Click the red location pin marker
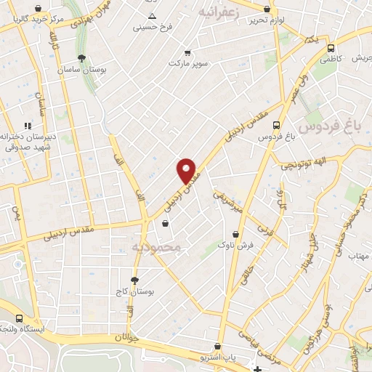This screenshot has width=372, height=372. point(187,171)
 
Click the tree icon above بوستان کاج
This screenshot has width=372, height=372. point(134,280)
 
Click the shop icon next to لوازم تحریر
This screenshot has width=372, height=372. point(268,9)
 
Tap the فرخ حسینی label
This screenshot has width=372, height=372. point(153,28)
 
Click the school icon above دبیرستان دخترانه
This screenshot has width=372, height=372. point(28,125)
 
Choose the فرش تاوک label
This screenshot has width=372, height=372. point(244,246)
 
